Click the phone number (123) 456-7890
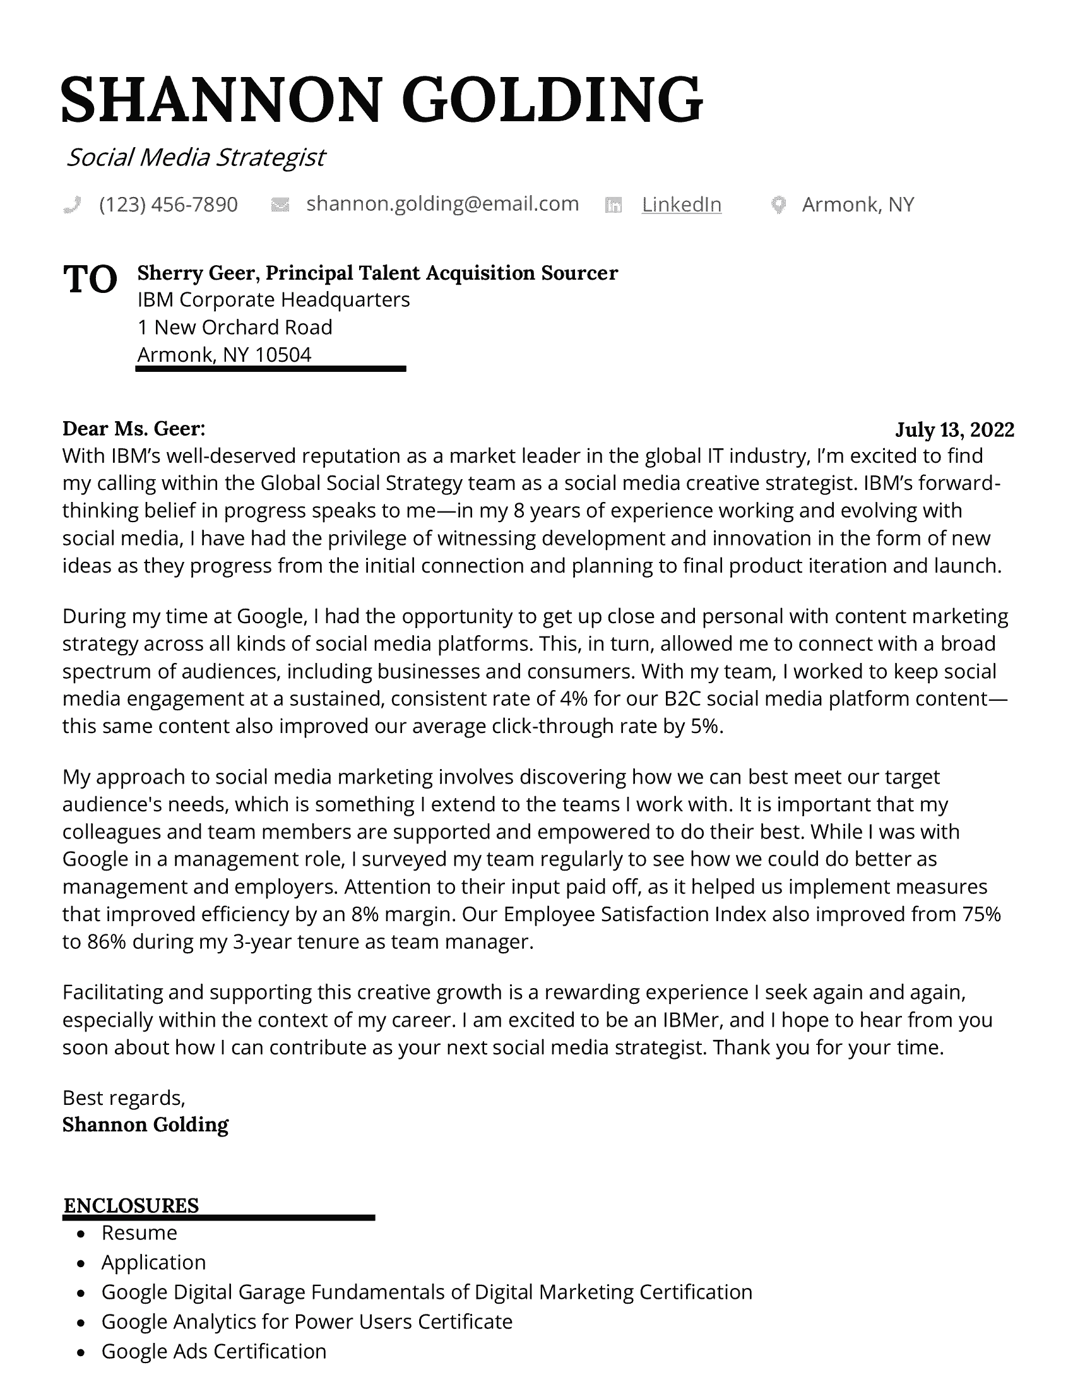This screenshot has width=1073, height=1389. [x=169, y=204]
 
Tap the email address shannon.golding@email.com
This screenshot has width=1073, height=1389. [x=442, y=203]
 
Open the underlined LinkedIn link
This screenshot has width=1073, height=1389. [x=682, y=204]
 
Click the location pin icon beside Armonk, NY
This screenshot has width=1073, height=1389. [x=778, y=205]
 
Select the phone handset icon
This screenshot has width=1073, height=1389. [x=73, y=205]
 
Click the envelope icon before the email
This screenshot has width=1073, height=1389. [x=280, y=205]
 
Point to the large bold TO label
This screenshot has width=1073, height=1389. [x=90, y=279]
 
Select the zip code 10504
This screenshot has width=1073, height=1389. [x=283, y=354]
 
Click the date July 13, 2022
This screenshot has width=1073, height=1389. [x=954, y=430]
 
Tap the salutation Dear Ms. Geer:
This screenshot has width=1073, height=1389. [x=133, y=429]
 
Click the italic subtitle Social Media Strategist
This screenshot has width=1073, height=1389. [x=196, y=157]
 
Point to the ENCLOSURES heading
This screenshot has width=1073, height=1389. [x=131, y=1205]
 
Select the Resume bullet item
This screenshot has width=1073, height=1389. [x=139, y=1232]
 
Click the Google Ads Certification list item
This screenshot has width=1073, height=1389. [x=213, y=1351]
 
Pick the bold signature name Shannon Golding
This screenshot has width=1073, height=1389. [x=146, y=1124]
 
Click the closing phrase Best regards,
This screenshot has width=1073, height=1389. [x=123, y=1097]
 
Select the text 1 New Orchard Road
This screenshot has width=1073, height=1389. [x=235, y=327]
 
